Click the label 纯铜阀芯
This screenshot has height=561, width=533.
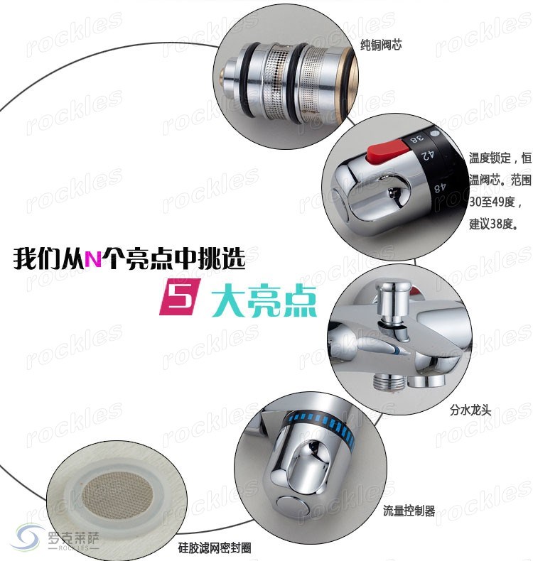(381, 45)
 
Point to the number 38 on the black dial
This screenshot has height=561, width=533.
(417, 138)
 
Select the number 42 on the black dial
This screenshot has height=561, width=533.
(427, 155)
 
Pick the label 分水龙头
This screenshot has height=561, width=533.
(470, 410)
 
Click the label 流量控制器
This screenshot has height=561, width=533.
(409, 511)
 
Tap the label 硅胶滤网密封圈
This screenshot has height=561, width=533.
(215, 548)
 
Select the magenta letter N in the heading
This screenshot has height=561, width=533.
(93, 258)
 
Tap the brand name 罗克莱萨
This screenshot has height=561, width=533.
(73, 538)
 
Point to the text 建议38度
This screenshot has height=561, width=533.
(494, 224)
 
